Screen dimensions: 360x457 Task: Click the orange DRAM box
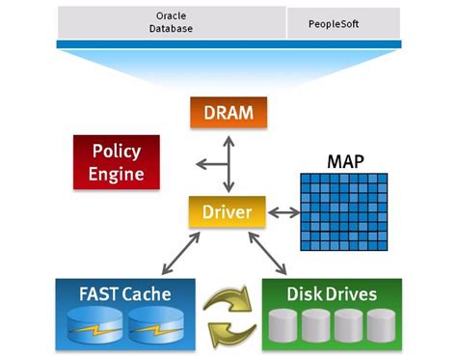tap(228, 113)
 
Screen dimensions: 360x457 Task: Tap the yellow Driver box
tap(227, 211)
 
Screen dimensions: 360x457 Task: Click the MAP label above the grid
tap(346, 160)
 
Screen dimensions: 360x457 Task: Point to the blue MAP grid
tap(346, 211)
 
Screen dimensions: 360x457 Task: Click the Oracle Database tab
tap(173, 22)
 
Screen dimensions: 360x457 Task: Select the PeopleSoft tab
tap(341, 22)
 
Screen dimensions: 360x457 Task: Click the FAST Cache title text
tap(125, 291)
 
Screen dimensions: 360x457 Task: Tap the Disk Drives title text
tap(332, 291)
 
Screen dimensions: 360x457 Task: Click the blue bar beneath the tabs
tap(228, 44)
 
